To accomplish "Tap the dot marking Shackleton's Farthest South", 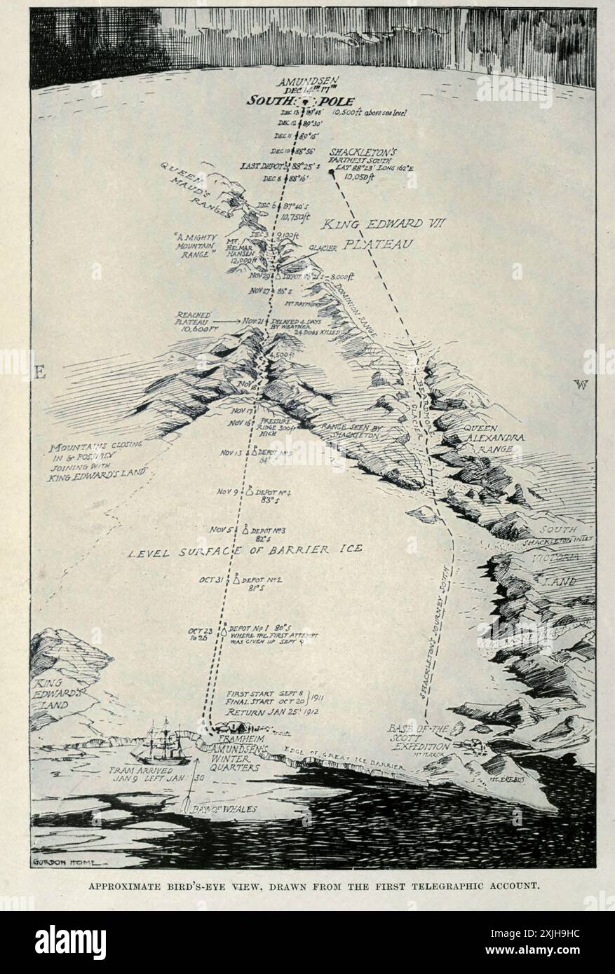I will pos(331,172).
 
